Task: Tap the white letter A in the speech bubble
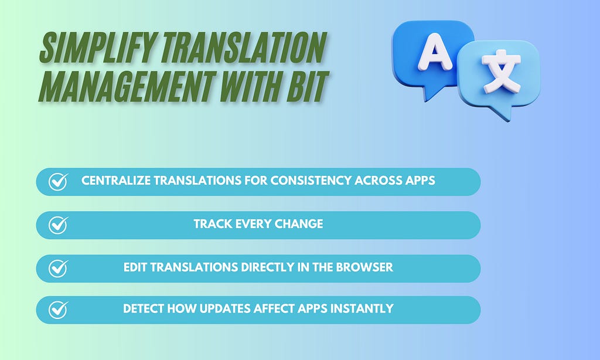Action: pyautogui.click(x=435, y=52)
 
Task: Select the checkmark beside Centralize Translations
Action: pyautogui.click(x=58, y=182)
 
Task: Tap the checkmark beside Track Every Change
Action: pyautogui.click(x=58, y=225)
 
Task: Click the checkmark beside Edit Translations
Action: pyautogui.click(x=58, y=268)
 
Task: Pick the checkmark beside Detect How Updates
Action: pyautogui.click(x=58, y=310)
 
